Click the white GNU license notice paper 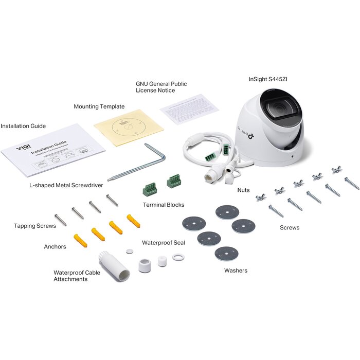(189, 109)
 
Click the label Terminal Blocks (163, 205)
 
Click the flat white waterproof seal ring (178, 257)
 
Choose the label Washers (236, 271)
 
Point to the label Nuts (243, 190)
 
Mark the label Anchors (55, 246)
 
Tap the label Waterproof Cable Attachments (77, 276)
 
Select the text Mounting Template (99, 106)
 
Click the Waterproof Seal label (163, 242)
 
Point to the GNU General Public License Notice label (161, 87)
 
